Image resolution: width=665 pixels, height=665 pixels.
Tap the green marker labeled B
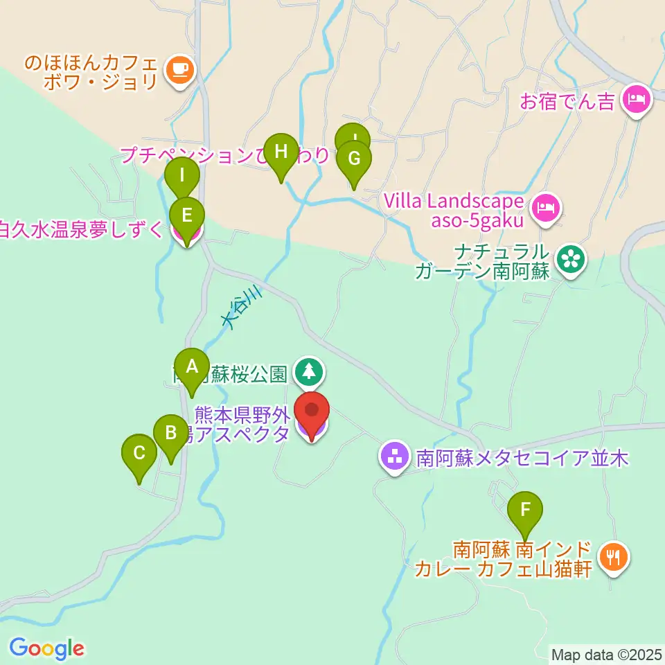[x=170, y=434]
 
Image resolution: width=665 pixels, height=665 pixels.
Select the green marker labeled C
[x=139, y=454]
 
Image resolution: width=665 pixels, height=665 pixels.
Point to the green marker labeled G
[x=353, y=159]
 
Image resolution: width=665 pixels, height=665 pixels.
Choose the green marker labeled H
[x=281, y=152]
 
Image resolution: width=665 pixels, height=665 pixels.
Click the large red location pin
[x=312, y=412]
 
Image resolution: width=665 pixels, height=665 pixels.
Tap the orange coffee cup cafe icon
[x=180, y=71]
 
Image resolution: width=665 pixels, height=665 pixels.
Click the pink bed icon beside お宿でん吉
[x=636, y=99]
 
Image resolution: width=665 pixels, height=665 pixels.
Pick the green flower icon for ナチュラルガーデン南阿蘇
[x=571, y=260]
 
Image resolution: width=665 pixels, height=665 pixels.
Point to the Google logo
[x=46, y=648]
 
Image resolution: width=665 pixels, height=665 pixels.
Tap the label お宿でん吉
[x=567, y=103]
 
